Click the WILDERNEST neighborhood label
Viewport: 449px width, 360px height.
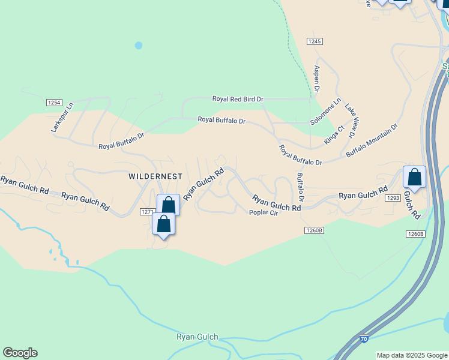point(155,176)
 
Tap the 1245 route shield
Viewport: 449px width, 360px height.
point(315,41)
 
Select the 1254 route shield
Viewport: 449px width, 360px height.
point(53,103)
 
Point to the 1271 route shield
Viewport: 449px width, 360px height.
point(147,211)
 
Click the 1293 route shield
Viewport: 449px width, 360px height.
point(393,197)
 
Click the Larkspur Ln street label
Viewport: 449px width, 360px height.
point(62,118)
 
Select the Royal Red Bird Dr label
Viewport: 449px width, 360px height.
point(238,98)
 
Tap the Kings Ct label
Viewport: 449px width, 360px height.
point(334,134)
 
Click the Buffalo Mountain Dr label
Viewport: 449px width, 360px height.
point(372,140)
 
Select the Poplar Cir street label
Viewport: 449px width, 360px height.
point(264,212)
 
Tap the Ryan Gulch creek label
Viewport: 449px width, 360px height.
point(197,337)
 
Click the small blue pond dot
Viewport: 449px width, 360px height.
point(139,45)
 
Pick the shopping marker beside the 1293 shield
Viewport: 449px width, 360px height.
point(414,177)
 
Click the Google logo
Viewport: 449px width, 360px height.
point(20,353)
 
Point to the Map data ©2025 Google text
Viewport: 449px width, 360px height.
point(412,355)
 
